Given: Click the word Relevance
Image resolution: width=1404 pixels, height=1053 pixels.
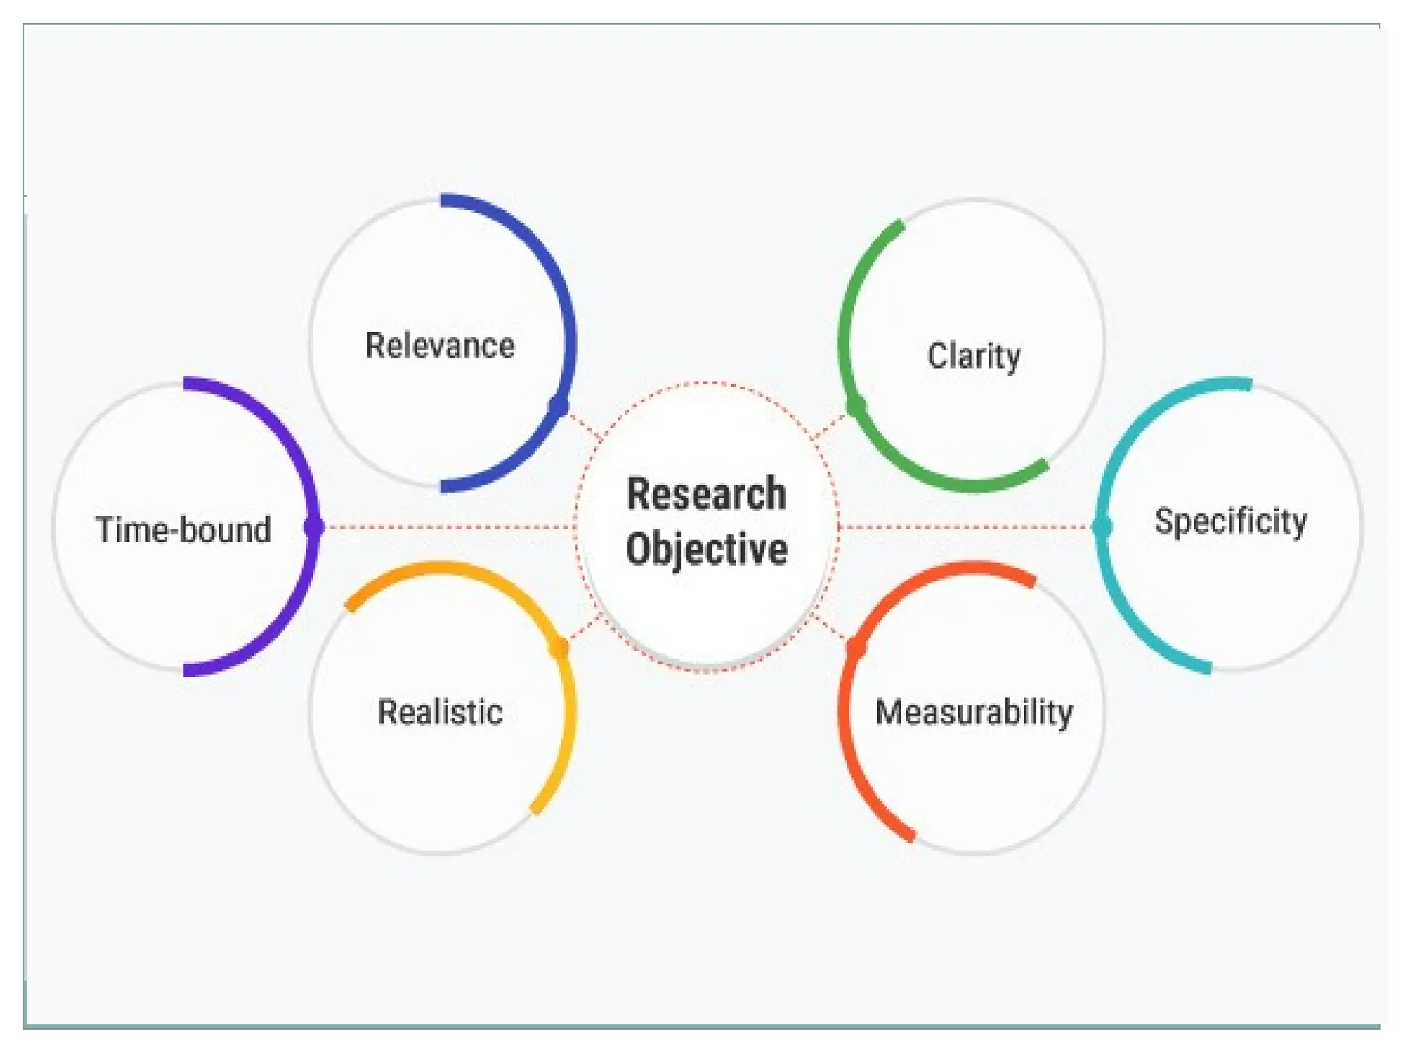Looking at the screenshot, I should point(440,346).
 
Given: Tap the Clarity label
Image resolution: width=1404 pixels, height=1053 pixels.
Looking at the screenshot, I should point(973,356).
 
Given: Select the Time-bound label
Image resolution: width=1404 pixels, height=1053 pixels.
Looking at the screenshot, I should point(184,530).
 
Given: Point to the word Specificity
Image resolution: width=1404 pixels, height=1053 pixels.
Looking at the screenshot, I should point(1231,521).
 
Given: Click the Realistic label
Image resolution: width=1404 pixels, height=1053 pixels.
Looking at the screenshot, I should point(440,712).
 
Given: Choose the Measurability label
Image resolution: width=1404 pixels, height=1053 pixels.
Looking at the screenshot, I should point(974,712).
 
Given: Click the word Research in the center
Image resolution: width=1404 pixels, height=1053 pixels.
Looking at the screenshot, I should point(706,494).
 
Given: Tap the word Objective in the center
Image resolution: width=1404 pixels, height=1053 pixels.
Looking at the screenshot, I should point(706,549).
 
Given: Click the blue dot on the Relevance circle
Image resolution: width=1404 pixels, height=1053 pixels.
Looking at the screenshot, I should point(559,405).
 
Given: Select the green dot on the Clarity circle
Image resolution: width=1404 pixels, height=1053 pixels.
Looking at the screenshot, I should point(856,406).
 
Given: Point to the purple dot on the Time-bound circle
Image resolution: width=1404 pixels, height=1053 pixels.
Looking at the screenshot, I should point(313,526).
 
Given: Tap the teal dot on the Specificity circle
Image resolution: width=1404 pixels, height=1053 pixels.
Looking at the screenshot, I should point(1102,526).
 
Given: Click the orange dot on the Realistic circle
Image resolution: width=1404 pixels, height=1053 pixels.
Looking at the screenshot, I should point(559,648).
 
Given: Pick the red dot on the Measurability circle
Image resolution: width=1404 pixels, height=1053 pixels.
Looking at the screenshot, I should point(856,648).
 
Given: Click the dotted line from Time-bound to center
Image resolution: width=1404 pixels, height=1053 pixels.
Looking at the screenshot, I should point(446,527).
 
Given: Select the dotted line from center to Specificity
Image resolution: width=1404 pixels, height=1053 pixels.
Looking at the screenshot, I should point(967,527).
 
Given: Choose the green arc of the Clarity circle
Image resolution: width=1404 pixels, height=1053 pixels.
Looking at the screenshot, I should point(847,308).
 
